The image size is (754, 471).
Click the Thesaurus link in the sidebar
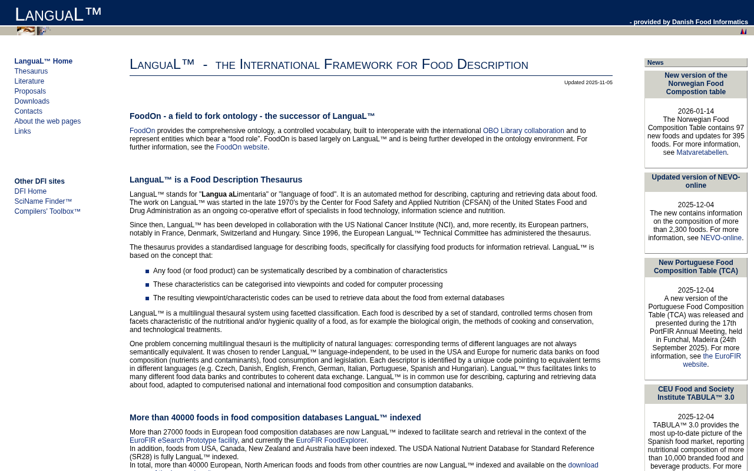(31, 71)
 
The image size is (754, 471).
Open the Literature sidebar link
(29, 81)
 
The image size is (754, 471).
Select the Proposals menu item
(30, 91)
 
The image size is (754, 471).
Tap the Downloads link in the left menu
(32, 101)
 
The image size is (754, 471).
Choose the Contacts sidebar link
(28, 111)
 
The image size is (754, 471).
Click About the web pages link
(48, 121)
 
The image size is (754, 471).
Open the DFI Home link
(31, 191)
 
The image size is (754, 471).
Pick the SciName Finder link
(43, 201)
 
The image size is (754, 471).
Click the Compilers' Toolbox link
(48, 211)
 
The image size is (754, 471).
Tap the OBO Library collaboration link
(523, 131)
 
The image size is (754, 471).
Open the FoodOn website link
(242, 147)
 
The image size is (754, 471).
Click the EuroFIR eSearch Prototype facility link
(184, 440)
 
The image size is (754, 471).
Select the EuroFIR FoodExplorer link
(331, 440)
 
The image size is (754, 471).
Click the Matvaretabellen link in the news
(702, 152)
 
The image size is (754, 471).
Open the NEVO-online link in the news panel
(721, 238)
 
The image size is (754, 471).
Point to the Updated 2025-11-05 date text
(588, 82)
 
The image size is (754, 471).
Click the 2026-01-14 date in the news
(696, 111)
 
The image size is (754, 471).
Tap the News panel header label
(656, 62)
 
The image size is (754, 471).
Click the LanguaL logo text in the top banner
(58, 14)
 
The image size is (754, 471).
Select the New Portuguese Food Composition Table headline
(696, 267)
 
